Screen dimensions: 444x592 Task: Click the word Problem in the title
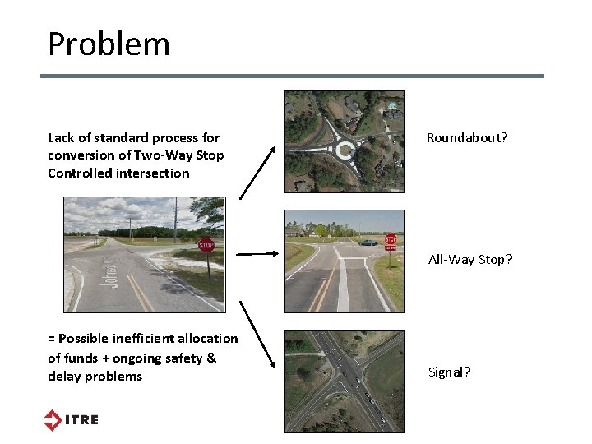point(109,44)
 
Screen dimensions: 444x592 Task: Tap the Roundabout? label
point(467,138)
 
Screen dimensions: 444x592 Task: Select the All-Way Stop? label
point(470,260)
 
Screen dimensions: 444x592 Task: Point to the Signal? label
point(450,372)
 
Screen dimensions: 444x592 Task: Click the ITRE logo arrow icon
point(53,419)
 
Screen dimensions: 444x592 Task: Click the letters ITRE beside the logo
point(82,420)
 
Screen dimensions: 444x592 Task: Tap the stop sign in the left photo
point(206,245)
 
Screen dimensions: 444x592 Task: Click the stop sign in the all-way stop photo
point(391,239)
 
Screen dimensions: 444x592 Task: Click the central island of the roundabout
point(345,149)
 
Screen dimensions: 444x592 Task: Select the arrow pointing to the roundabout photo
point(257,172)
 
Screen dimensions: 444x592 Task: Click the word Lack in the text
point(61,137)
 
